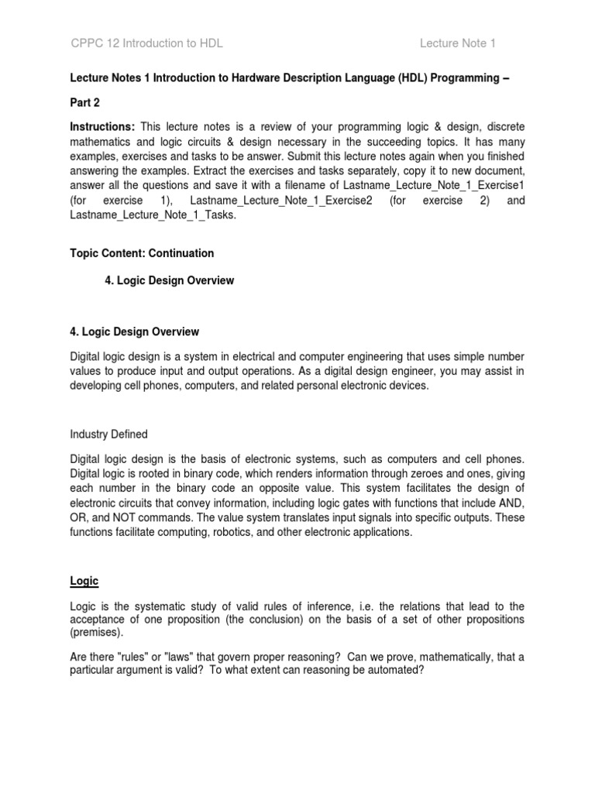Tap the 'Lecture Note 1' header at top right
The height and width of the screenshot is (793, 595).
point(457,43)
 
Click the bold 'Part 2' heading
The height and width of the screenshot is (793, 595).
point(84,102)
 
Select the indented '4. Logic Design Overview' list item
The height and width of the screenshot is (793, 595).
point(169,280)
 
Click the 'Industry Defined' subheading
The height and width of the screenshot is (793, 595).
point(108,434)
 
